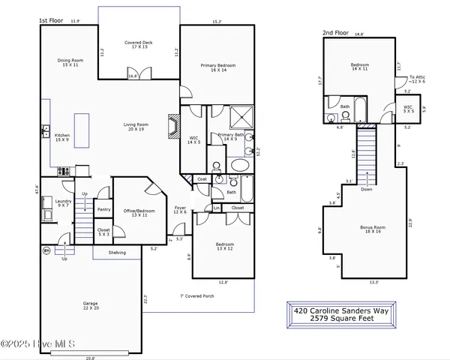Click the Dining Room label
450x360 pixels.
tap(70, 62)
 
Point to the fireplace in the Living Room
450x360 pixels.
tap(174, 126)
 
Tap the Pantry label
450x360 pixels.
tap(103, 209)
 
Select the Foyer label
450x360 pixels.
tap(180, 210)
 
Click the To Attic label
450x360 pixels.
tap(417, 79)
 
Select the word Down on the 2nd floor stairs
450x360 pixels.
tap(365, 190)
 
